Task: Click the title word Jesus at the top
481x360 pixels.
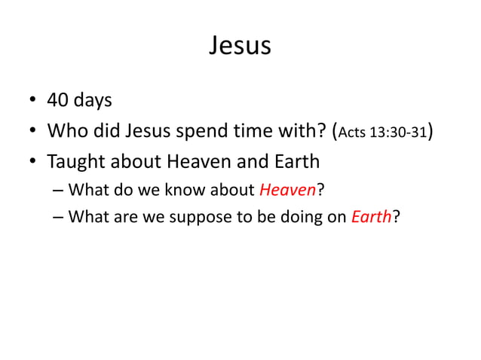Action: (x=240, y=46)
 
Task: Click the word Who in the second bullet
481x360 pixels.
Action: (x=65, y=131)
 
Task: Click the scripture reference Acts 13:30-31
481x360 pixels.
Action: (x=382, y=133)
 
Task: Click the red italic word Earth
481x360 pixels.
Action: (x=371, y=218)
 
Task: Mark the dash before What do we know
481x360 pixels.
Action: (x=60, y=191)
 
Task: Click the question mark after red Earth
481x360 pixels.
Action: (x=394, y=218)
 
